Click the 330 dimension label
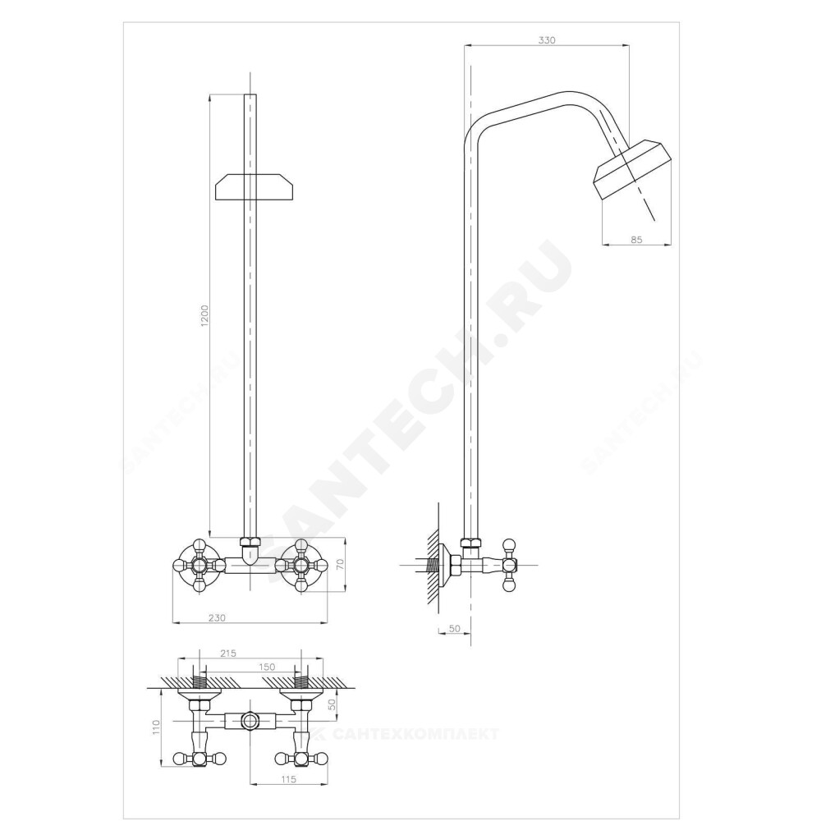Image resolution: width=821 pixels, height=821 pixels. (546, 39)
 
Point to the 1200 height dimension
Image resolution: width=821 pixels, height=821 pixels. (204, 316)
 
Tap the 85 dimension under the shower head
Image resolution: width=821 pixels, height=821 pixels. (636, 240)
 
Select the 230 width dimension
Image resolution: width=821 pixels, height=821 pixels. (217, 618)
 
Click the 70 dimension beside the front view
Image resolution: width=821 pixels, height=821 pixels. (339, 565)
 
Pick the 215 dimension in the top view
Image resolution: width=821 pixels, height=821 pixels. (228, 653)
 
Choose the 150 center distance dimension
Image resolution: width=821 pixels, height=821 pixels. (267, 667)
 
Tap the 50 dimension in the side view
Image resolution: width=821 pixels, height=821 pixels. (455, 628)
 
